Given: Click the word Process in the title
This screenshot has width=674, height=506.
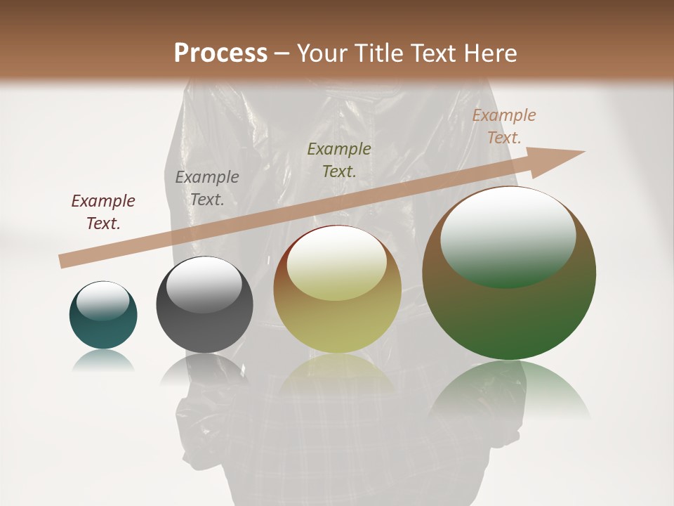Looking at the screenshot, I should coord(220,53).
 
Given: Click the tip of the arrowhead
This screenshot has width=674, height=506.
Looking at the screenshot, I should coord(584,151).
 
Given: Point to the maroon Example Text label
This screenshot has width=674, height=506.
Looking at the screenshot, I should coord(103,212).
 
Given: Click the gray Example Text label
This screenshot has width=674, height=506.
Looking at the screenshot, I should coord(207,188).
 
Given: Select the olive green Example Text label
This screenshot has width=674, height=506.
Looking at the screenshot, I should coord(339,160).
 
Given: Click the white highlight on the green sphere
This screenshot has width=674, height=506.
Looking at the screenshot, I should coord(508,237).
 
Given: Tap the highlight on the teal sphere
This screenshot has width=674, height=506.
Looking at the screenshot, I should coord(103,301).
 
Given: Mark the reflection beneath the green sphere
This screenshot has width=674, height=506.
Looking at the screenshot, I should coord(509,390).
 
